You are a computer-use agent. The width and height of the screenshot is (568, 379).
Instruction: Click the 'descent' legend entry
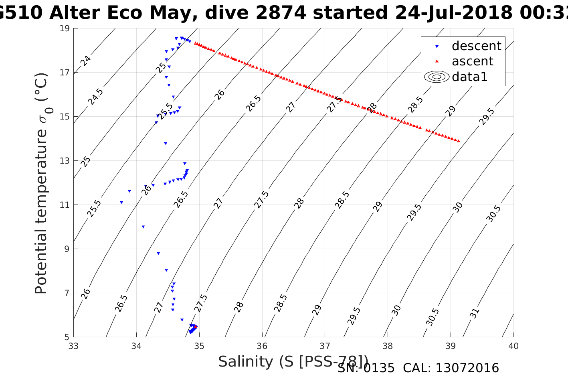coord(476,46)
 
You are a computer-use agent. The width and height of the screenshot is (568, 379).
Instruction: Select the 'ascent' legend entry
coord(472,61)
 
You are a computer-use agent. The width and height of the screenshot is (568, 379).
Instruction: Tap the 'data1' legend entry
coord(469,77)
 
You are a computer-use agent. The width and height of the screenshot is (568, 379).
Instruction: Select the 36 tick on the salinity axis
coord(262,346)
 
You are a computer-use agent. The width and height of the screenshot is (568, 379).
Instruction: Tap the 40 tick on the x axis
coord(513,346)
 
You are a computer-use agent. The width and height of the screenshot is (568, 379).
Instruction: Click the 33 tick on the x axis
coord(74,346)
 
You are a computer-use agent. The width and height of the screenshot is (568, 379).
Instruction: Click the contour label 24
coord(85,61)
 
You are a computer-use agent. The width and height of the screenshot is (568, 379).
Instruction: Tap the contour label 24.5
coord(96,97)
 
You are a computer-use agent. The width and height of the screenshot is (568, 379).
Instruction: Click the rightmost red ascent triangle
coord(459,141)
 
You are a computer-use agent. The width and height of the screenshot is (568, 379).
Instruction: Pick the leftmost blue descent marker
coord(121,202)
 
